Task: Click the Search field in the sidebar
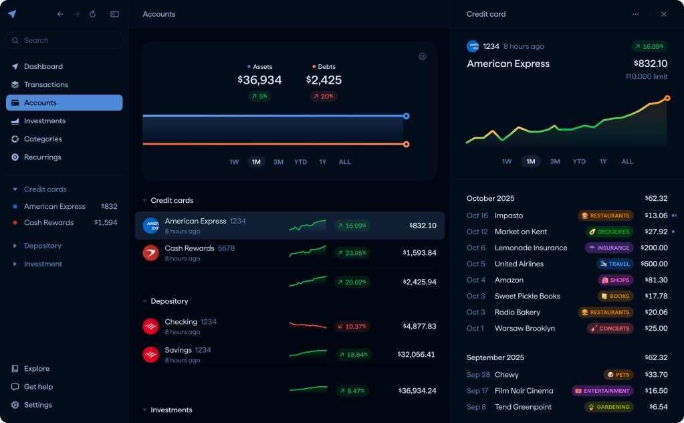[64, 40]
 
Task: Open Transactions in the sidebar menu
[45, 85]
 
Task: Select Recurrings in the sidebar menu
[42, 157]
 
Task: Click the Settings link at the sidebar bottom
[37, 405]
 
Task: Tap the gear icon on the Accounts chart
[423, 57]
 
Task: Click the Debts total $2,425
[324, 80]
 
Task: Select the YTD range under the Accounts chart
[301, 162]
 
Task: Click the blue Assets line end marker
[406, 116]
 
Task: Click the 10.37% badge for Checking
[352, 327]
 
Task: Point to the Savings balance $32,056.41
[417, 355]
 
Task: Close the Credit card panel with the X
[663, 14]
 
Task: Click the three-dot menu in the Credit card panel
[636, 14]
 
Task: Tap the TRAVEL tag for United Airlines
[614, 264]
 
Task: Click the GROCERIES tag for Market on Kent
[609, 232]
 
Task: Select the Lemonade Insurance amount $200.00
[653, 248]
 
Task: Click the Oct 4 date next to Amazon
[476, 280]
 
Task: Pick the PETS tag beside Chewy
[618, 375]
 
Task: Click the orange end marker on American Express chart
[667, 98]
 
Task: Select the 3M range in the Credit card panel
[555, 162]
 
